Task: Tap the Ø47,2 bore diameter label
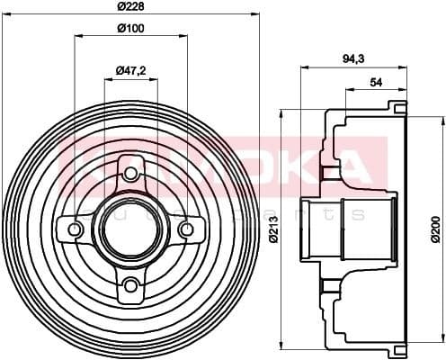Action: pos(131,70)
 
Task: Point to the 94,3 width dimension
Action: pos(352,58)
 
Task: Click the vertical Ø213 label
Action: pos(275,229)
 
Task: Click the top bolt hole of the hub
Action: pos(131,173)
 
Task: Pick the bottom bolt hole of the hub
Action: pos(131,285)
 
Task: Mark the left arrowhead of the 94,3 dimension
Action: pos(302,67)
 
